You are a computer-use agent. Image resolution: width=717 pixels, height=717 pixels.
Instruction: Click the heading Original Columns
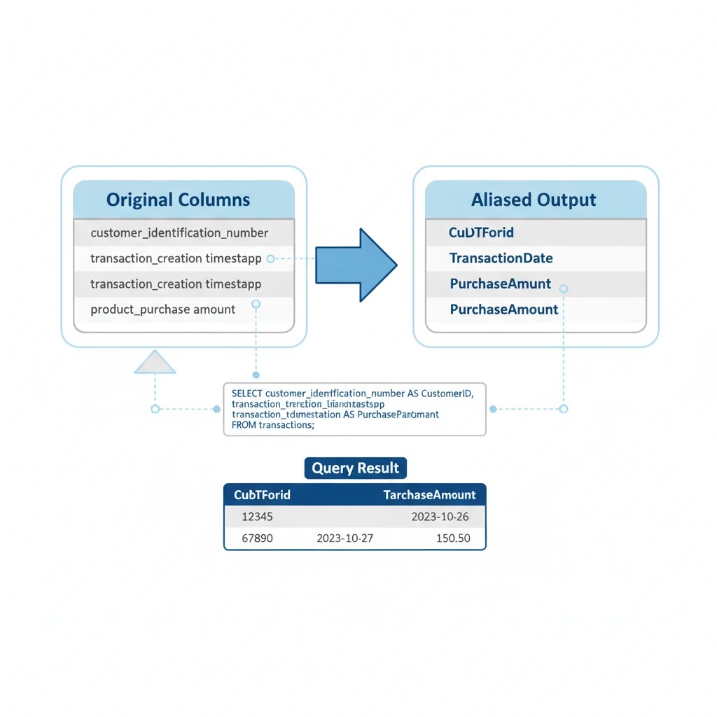click(178, 200)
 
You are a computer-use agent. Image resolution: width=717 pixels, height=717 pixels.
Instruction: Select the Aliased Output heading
click(534, 200)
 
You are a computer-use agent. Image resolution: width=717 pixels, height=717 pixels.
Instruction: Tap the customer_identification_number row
click(179, 232)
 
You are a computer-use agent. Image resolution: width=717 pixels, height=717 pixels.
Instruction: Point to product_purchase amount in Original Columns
click(163, 309)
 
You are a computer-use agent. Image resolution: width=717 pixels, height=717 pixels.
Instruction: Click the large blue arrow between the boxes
click(355, 265)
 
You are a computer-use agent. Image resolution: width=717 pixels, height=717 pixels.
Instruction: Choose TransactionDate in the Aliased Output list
click(501, 258)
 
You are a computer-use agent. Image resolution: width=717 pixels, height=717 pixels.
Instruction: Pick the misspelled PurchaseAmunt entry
click(500, 284)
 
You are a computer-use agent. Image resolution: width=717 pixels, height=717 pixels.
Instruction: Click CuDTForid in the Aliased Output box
click(481, 232)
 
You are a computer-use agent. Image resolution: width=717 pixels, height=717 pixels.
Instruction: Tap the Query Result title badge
click(355, 468)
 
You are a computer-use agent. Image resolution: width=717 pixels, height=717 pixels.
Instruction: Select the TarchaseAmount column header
click(429, 495)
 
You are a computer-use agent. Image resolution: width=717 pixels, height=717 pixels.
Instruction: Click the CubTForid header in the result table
click(262, 495)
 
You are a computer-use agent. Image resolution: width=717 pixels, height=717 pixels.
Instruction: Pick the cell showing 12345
click(256, 517)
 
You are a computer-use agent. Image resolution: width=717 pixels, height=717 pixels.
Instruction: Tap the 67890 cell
click(256, 538)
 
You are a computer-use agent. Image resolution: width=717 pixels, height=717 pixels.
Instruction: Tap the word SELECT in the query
click(247, 394)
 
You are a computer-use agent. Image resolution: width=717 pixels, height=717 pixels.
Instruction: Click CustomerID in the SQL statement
click(447, 394)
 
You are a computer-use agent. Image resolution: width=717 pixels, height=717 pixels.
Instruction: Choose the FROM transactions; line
click(272, 424)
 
